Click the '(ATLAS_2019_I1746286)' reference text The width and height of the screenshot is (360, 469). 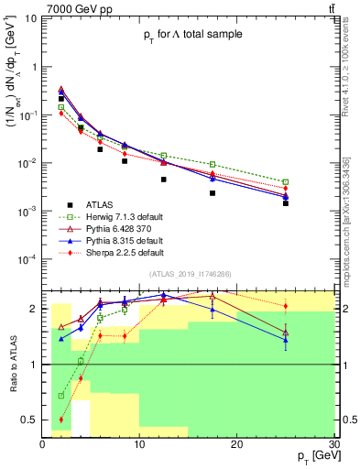click(191, 275)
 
